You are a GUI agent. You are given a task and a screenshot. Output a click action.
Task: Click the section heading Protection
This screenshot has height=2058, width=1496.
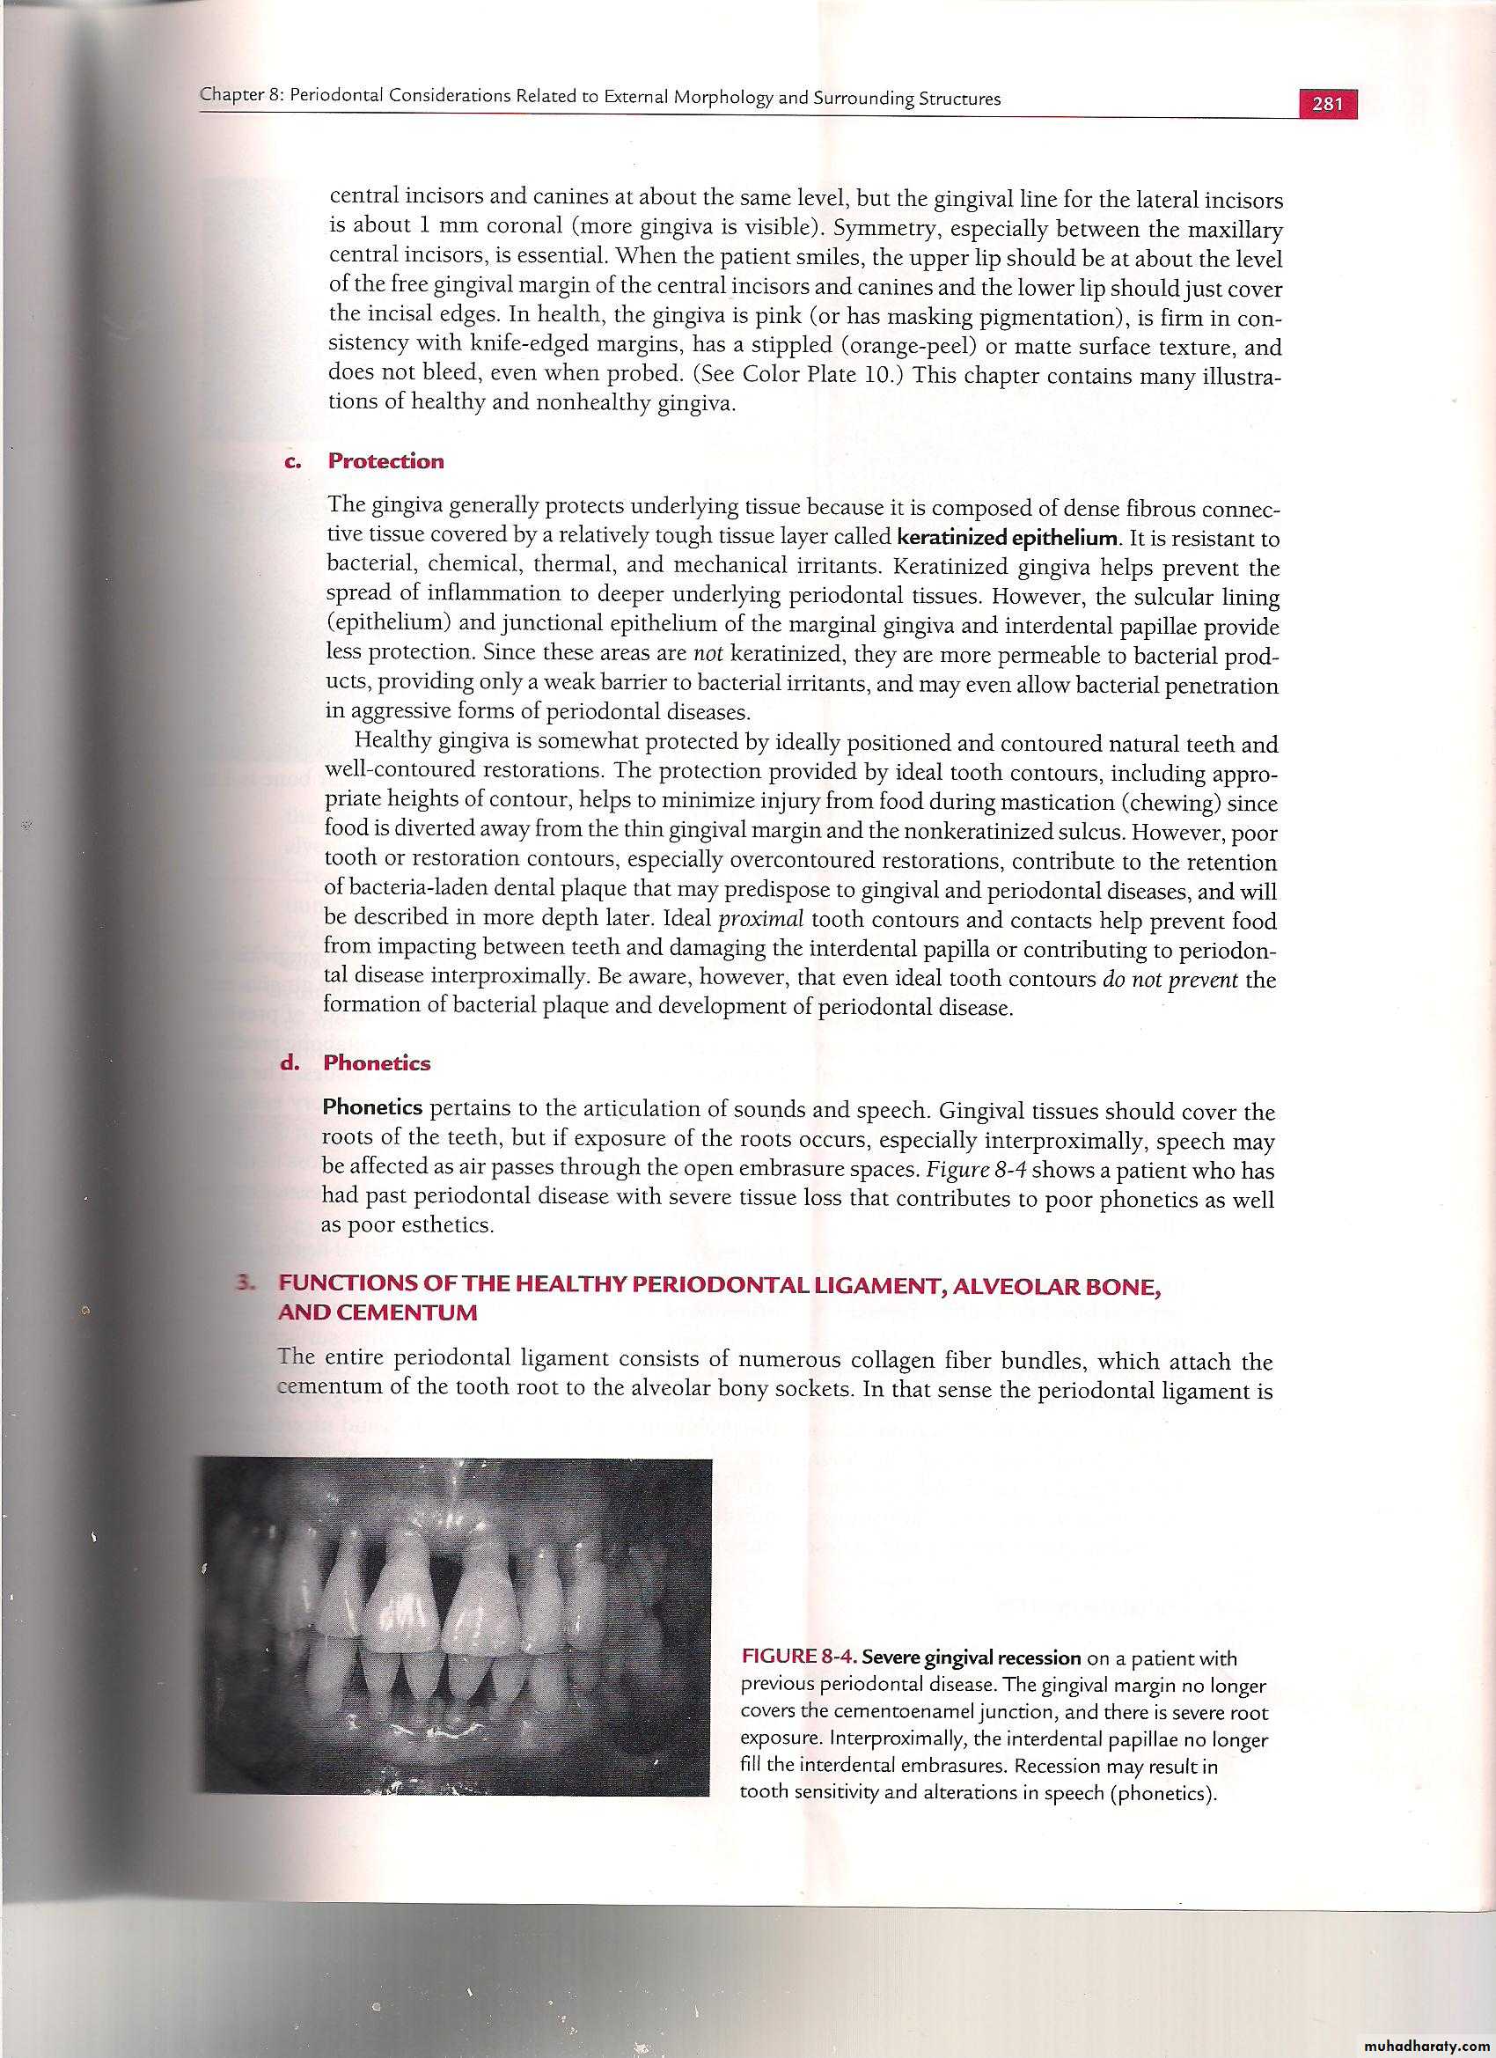click(x=385, y=461)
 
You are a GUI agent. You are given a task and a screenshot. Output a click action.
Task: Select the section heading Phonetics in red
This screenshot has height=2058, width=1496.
click(x=377, y=1063)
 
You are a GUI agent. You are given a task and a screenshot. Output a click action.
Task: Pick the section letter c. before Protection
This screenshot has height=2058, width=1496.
click(x=294, y=461)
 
